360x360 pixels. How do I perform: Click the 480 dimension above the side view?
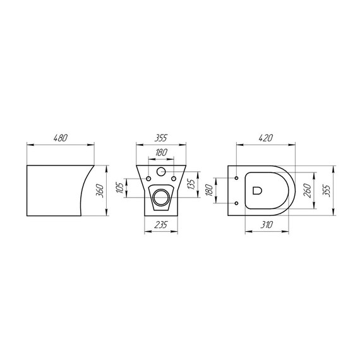tap(61, 138)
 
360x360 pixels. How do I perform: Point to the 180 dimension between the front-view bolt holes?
tap(161, 152)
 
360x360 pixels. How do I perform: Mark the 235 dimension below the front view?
tap(161, 225)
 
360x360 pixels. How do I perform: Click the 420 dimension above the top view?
tap(265, 138)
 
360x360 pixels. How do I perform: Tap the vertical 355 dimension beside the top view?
tap(326, 189)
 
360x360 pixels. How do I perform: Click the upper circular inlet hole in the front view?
tap(161, 172)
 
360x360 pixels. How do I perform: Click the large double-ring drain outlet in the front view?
tap(161, 196)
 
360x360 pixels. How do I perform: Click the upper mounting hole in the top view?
tap(236, 177)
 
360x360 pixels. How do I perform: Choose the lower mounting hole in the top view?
tap(236, 203)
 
